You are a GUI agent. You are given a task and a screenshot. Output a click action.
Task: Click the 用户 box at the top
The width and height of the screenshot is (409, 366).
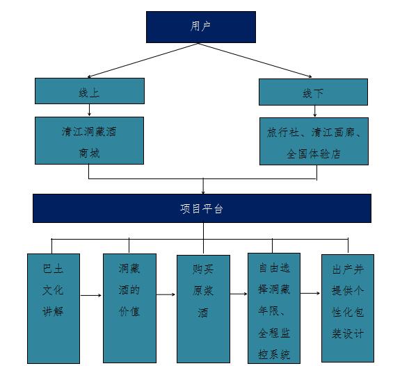pyautogui.click(x=201, y=27)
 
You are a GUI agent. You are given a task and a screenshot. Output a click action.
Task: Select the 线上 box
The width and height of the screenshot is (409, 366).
pyautogui.click(x=90, y=91)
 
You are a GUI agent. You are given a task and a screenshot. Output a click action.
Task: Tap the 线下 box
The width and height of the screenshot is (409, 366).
pyautogui.click(x=313, y=92)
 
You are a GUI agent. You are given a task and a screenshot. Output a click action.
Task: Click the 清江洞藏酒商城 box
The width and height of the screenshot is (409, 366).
pyautogui.click(x=90, y=141)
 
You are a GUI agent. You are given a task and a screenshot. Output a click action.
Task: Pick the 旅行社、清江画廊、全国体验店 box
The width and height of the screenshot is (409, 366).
pyautogui.click(x=314, y=141)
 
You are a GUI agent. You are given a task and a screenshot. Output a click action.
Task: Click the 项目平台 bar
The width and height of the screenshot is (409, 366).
pyautogui.click(x=202, y=208)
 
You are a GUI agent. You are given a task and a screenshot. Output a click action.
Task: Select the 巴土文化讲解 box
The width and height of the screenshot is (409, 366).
pyautogui.click(x=54, y=308)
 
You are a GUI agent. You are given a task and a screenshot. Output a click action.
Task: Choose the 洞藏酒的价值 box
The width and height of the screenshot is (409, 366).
pyautogui.click(x=129, y=308)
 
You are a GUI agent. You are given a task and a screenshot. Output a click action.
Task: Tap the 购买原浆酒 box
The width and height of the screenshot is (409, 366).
pyautogui.click(x=203, y=308)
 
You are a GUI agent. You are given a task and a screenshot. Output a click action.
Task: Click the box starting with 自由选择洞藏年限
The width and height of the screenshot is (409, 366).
pyautogui.click(x=274, y=308)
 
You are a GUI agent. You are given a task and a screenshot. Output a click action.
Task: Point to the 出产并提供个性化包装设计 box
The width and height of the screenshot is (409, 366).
pyautogui.click(x=348, y=308)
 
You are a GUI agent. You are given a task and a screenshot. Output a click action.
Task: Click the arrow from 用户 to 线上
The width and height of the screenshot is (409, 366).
pyautogui.click(x=143, y=60)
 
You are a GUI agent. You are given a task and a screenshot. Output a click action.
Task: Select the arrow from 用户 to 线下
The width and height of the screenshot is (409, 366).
pyautogui.click(x=255, y=60)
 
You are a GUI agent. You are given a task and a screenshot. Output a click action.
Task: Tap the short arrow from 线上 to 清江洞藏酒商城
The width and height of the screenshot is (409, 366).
pyautogui.click(x=90, y=110)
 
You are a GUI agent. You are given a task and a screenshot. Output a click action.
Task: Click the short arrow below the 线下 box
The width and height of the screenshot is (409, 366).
pyautogui.click(x=315, y=111)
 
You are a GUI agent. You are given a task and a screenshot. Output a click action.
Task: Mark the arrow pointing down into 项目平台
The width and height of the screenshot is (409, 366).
pyautogui.click(x=203, y=186)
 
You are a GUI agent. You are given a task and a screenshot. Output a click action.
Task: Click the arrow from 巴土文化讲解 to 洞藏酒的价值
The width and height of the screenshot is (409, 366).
pyautogui.click(x=90, y=295)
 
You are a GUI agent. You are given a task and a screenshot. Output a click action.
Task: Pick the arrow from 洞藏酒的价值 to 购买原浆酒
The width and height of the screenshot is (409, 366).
pyautogui.click(x=166, y=294)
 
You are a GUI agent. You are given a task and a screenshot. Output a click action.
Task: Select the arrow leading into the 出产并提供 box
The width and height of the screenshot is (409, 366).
pyautogui.click(x=310, y=293)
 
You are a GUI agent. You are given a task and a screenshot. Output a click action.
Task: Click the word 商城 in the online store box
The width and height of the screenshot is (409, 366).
pyautogui.click(x=89, y=153)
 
